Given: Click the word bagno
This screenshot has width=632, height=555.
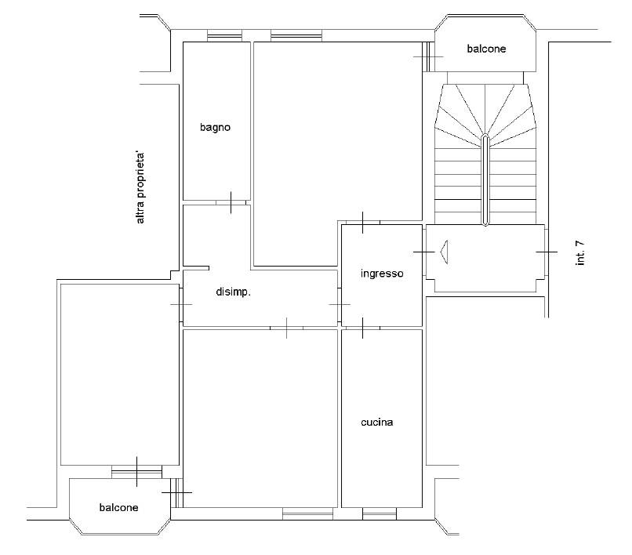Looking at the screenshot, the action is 215,128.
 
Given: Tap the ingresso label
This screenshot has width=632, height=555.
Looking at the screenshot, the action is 382,274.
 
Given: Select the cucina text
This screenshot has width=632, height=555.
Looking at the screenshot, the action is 377,423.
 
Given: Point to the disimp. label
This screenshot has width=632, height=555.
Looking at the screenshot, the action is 234,292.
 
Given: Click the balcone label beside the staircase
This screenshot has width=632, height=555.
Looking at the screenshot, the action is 486,49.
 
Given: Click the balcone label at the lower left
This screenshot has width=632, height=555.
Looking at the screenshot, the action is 118,507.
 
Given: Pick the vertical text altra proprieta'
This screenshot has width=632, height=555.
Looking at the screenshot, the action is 140,188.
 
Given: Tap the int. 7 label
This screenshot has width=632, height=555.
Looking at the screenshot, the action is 580,252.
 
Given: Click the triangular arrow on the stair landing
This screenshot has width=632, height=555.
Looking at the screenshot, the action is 444,252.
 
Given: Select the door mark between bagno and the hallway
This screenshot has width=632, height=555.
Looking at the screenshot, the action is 231,202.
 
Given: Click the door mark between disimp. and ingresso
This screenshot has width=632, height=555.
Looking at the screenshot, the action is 340,304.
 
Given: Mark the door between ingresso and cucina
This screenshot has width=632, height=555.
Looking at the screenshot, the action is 362,328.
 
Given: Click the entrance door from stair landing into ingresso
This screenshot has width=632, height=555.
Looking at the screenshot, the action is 424,252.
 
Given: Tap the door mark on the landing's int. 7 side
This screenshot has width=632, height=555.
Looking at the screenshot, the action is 547,252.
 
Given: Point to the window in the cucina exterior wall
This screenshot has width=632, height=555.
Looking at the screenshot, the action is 380,513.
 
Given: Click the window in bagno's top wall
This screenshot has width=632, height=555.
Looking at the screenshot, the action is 224,36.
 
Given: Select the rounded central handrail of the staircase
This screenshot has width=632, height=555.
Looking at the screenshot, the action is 485,180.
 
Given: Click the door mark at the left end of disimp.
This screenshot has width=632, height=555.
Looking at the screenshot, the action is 181,304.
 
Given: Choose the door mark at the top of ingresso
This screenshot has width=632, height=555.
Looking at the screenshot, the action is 362,223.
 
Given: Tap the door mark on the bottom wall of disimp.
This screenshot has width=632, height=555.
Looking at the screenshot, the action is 286,328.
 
